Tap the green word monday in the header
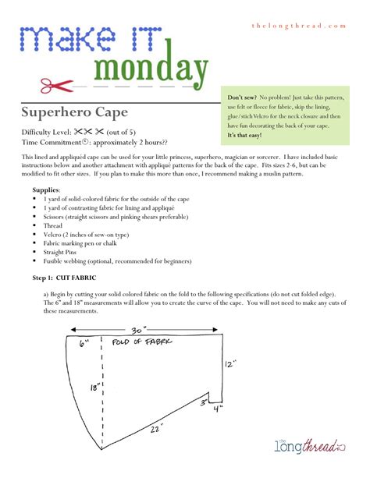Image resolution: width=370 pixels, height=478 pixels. point(151,69)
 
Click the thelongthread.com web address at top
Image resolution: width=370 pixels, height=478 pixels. point(297,26)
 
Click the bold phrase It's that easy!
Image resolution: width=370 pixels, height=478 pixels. point(245,135)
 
